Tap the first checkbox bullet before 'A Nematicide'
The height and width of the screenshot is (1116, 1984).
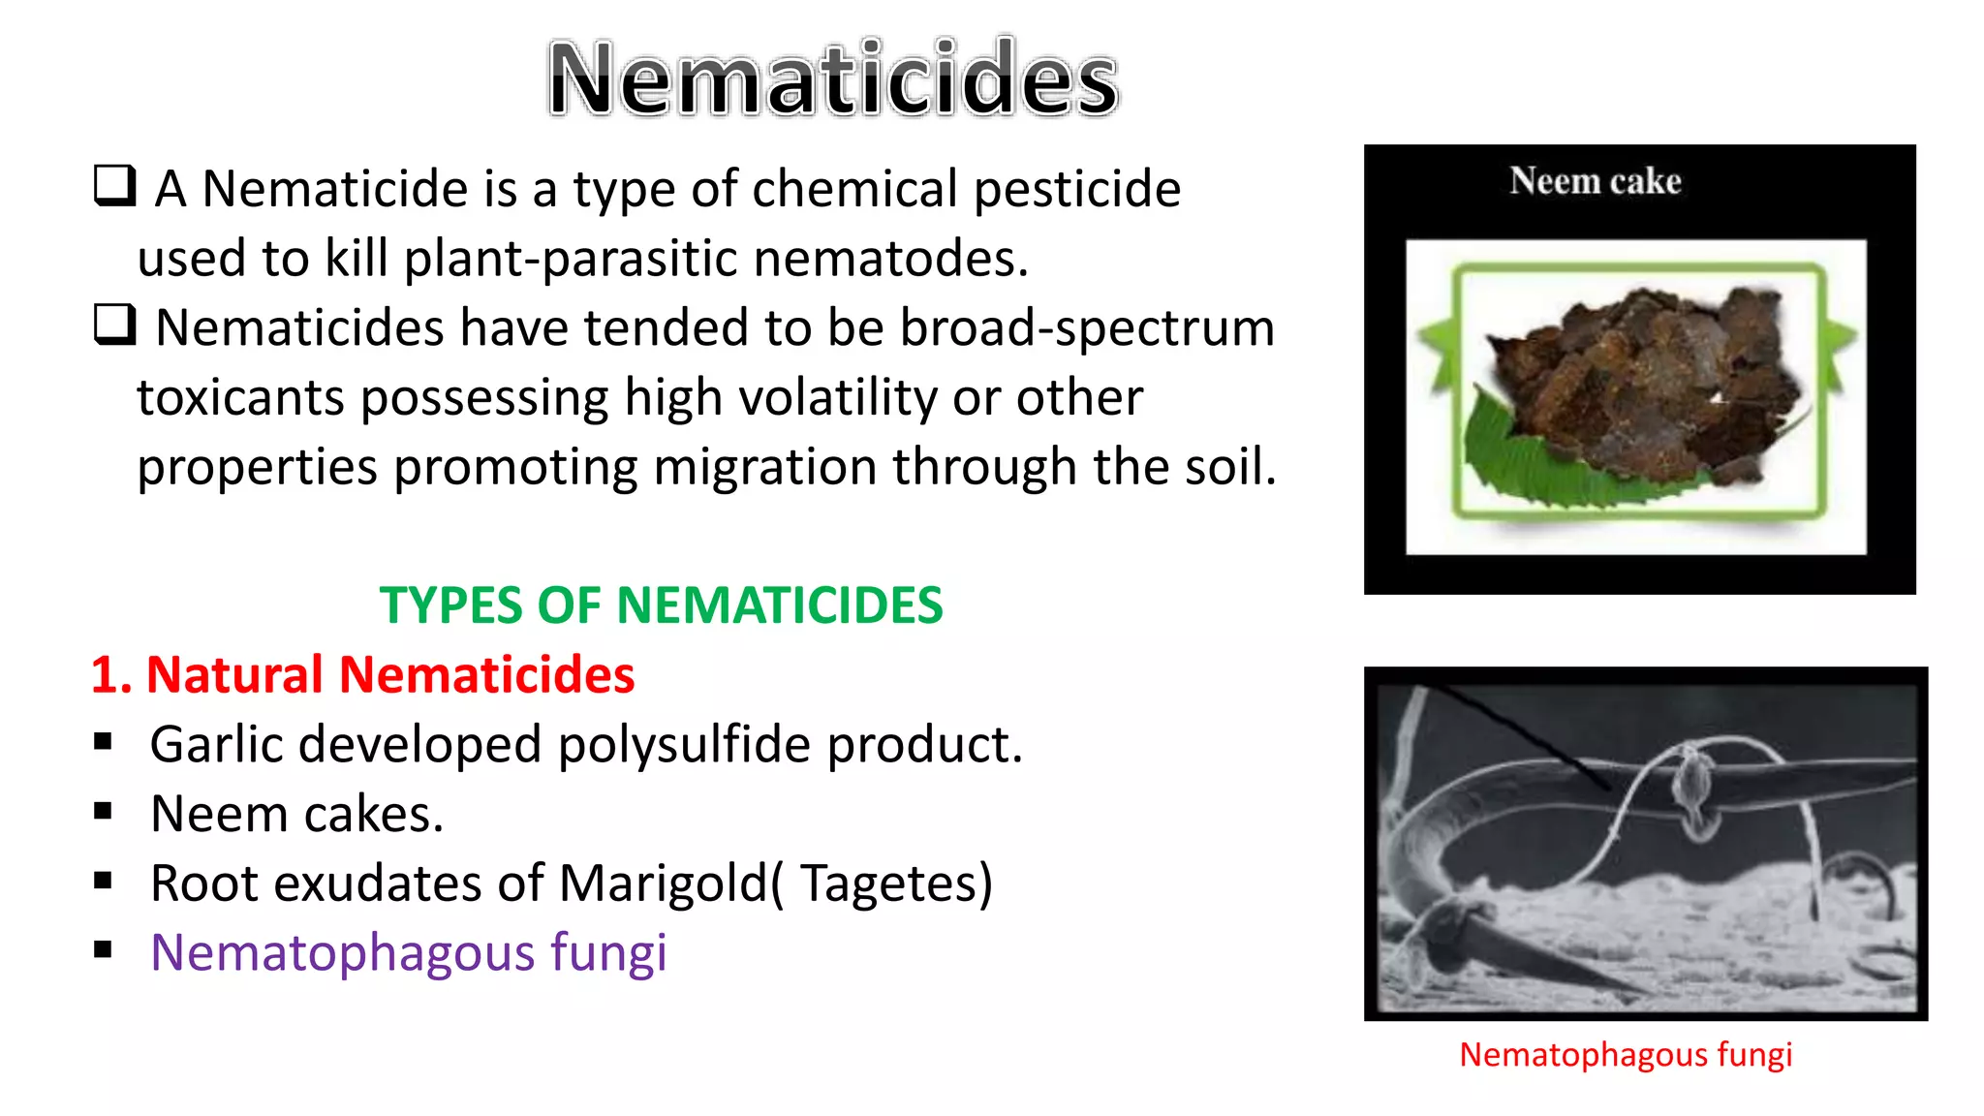pyautogui.click(x=114, y=185)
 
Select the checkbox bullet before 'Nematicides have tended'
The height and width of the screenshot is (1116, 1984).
pyautogui.click(x=114, y=325)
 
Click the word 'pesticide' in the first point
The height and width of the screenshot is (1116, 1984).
pyautogui.click(x=1077, y=190)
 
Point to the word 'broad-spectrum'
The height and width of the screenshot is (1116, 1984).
pyautogui.click(x=1087, y=327)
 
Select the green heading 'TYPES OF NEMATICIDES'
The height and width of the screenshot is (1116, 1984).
pyautogui.click(x=661, y=605)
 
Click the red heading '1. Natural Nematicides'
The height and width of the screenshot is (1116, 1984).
pyautogui.click(x=363, y=674)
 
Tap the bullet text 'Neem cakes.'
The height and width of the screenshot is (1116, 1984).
pyautogui.click(x=297, y=814)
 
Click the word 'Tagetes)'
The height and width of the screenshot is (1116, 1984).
pyautogui.click(x=896, y=883)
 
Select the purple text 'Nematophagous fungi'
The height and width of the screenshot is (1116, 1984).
pyautogui.click(x=409, y=953)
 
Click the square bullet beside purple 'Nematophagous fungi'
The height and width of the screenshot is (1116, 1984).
pyautogui.click(x=104, y=950)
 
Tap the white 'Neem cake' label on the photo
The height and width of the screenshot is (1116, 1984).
pyautogui.click(x=1596, y=181)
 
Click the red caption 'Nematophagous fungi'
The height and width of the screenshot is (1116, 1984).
pyautogui.click(x=1626, y=1055)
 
